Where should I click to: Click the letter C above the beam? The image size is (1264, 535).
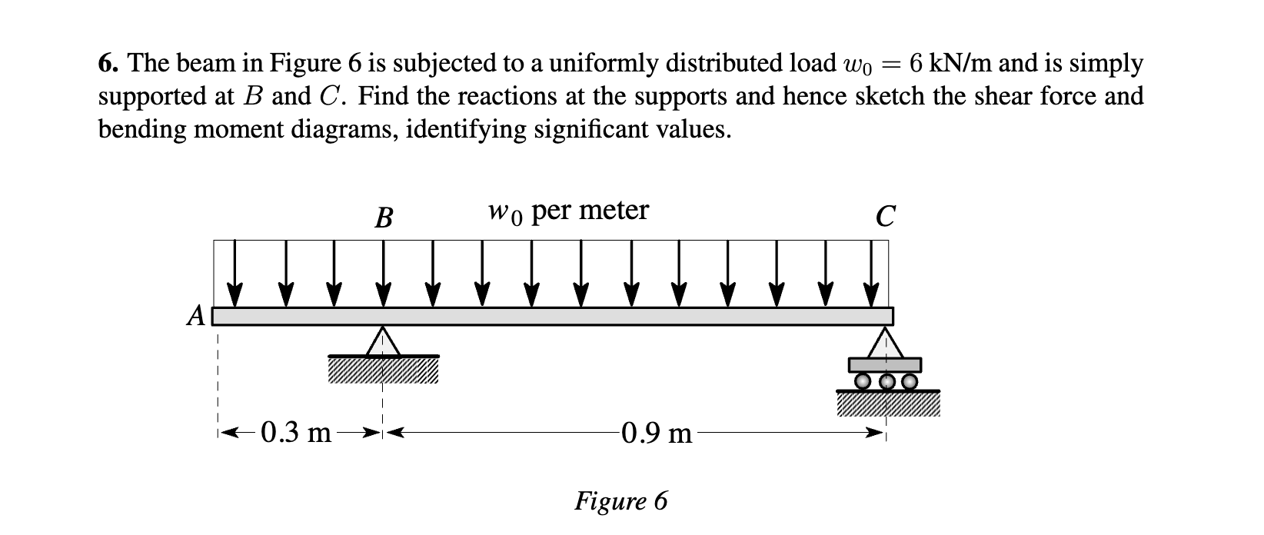point(885,217)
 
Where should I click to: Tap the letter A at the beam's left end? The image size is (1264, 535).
point(197,316)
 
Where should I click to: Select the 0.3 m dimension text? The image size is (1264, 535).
point(297,434)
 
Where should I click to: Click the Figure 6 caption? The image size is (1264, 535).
point(621,501)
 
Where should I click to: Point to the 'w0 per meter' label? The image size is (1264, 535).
point(567,210)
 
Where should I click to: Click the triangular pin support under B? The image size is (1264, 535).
point(382,341)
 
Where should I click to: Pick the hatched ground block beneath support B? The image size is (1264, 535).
point(382,370)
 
